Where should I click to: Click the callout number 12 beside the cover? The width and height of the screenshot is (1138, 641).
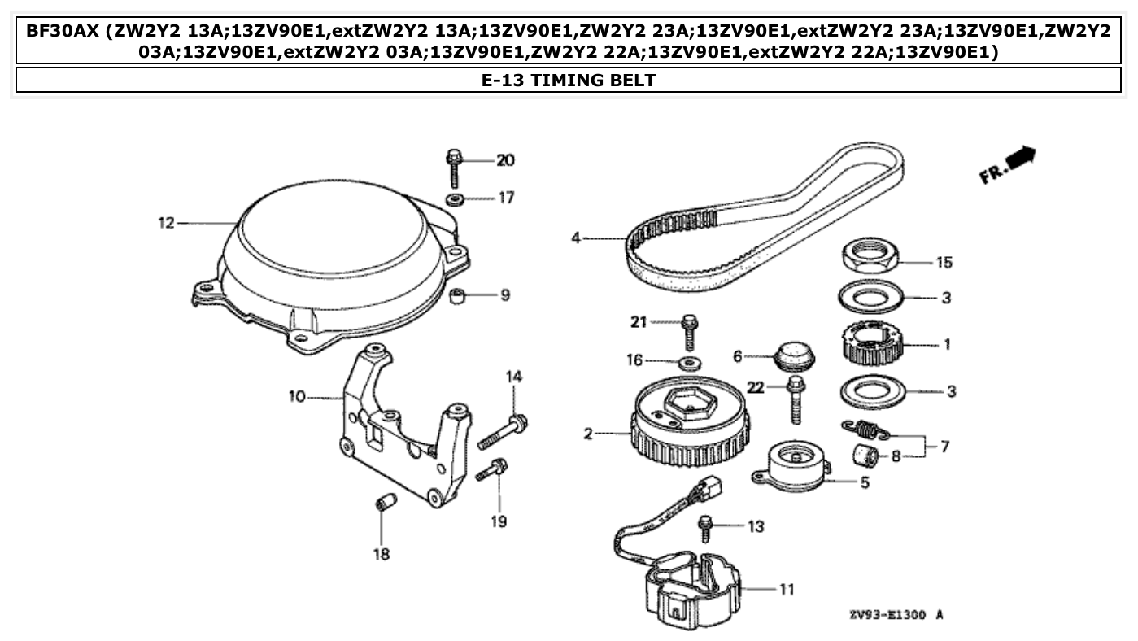166,222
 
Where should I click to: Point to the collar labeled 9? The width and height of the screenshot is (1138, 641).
458,294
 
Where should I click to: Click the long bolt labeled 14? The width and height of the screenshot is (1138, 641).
503,431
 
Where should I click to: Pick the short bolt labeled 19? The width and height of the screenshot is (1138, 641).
494,469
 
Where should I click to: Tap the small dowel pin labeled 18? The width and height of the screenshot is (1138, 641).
384,502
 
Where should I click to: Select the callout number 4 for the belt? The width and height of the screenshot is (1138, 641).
576,238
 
